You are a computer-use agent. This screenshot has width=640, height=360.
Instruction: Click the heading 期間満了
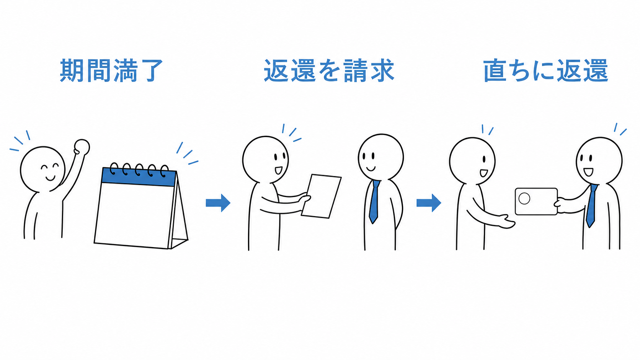point(111,70)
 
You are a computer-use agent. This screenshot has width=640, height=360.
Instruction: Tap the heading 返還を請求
point(329,70)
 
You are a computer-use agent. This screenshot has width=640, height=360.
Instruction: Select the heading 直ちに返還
point(545,70)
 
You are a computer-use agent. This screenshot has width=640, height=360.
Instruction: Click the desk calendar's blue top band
point(139,177)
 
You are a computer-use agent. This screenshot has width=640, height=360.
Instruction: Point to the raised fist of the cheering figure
point(82,147)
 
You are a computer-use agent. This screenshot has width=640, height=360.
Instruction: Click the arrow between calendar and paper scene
point(218,203)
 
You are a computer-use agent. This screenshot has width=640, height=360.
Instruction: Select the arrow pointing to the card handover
point(429,203)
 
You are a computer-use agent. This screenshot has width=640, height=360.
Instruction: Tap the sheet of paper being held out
point(322,196)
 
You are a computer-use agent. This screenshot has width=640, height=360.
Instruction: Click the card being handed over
point(536,202)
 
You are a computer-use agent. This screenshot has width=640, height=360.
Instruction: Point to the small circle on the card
point(524,199)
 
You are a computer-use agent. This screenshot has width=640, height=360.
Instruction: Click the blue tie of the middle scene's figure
point(374,202)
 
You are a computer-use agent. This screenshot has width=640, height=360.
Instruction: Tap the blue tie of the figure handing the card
point(591,205)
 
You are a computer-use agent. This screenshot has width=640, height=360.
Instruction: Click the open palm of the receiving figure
point(505,222)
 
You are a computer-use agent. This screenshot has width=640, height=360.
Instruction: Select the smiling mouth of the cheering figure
point(50,178)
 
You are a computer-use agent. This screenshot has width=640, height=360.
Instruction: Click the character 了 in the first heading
point(150,70)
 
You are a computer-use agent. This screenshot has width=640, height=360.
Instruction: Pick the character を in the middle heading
point(329,70)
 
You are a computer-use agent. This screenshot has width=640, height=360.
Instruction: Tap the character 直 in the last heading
point(495,70)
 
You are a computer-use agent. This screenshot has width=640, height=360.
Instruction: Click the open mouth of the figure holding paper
point(278,171)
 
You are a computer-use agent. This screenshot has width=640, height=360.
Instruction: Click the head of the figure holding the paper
point(265,160)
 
